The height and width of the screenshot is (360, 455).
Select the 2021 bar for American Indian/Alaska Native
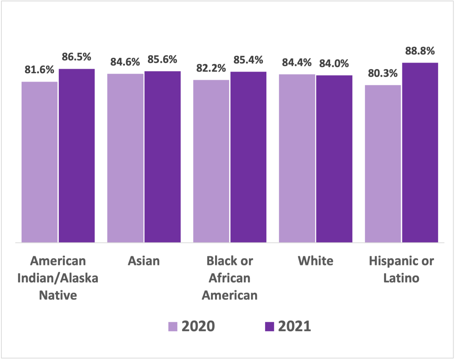(77, 156)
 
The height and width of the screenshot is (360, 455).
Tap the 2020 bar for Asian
(125, 158)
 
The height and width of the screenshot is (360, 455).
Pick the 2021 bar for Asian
(163, 157)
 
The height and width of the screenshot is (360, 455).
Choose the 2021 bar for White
(334, 159)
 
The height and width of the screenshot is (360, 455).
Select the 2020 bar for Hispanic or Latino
(383, 164)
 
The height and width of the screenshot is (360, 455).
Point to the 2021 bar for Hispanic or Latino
(420, 153)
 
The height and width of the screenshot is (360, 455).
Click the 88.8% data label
(420, 51)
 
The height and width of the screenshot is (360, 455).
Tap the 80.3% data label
(382, 73)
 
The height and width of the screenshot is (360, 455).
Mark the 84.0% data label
(334, 63)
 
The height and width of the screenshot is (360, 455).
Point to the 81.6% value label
(39, 70)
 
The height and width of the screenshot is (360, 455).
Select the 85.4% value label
(248, 60)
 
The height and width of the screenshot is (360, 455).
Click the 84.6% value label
(125, 62)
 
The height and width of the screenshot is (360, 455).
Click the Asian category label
(144, 261)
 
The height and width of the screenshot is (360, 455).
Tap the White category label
(315, 261)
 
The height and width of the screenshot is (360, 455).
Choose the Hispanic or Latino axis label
(401, 269)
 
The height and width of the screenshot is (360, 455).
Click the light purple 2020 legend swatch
(173, 327)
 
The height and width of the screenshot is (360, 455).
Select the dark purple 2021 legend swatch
(269, 327)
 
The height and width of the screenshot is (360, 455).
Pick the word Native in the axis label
(58, 295)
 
